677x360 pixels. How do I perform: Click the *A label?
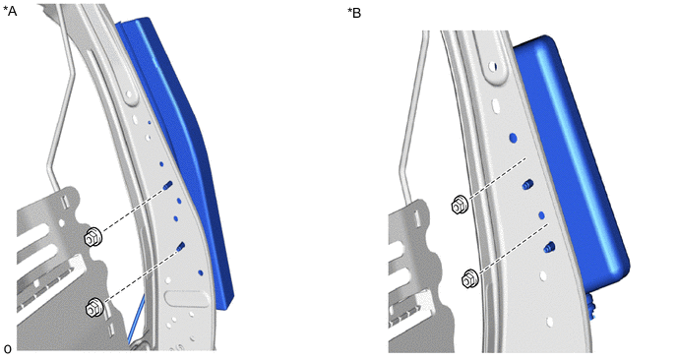pyautogui.click(x=10, y=11)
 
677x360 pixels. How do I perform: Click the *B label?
pyautogui.click(x=354, y=13)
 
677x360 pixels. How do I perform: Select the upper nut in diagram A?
pyautogui.click(x=93, y=237)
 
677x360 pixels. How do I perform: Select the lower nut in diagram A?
pyautogui.click(x=94, y=307)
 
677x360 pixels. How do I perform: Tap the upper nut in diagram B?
pyautogui.click(x=460, y=205)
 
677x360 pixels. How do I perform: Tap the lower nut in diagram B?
pyautogui.click(x=469, y=278)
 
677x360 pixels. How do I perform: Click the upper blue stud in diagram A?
pyautogui.click(x=167, y=186)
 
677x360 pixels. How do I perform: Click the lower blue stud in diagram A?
pyautogui.click(x=181, y=247)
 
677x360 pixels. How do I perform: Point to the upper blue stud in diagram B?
pyautogui.click(x=527, y=184)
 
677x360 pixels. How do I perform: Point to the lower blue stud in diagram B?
pyautogui.click(x=549, y=247)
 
